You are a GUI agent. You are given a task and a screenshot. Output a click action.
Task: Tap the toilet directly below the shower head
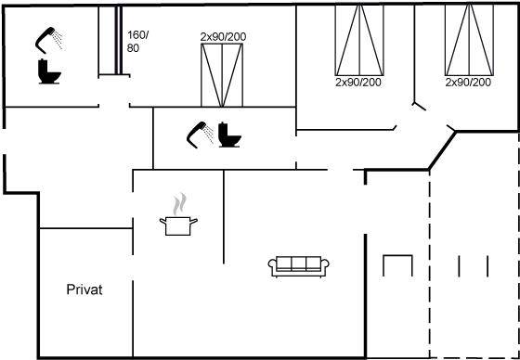pos(49,71)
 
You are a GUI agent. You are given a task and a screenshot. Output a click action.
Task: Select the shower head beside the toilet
pos(199,135)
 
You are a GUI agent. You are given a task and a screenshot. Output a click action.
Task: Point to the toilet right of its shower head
pos(229,135)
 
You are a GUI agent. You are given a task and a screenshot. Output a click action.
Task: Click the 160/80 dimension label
pos(137,42)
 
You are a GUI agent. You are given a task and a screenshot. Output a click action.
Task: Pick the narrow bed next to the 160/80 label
pos(110,41)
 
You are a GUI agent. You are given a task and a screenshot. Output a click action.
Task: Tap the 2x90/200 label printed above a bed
pos(223,37)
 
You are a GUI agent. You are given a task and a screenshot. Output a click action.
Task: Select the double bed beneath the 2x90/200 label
pos(222,75)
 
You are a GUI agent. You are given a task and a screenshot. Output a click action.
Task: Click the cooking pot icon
pos(178,225)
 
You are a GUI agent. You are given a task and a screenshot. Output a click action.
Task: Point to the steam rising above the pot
pos(179,204)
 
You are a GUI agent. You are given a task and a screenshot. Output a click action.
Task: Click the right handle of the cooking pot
pos(194,221)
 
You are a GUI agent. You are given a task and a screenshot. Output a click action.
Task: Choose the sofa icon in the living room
pos(298,266)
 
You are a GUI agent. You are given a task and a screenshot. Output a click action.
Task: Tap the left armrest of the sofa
pos(272,267)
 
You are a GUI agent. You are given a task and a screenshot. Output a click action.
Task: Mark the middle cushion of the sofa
pos(298,264)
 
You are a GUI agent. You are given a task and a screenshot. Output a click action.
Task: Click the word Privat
pos(84,289)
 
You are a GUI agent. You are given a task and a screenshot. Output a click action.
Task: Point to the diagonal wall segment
pos(442,151)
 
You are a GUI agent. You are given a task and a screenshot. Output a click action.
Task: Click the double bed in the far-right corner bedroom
pos(469,40)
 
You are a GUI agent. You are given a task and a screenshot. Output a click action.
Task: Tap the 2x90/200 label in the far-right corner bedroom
pos(468,83)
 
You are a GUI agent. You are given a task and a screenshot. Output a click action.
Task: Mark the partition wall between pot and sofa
pos(224,217)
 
